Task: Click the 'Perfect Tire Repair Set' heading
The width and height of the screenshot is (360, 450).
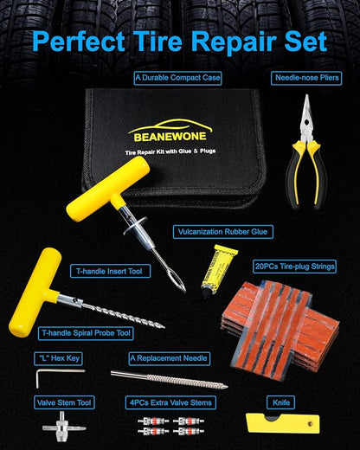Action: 180,41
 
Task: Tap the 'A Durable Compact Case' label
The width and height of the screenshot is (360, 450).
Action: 178,78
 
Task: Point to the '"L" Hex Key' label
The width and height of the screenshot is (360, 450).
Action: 59,357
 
